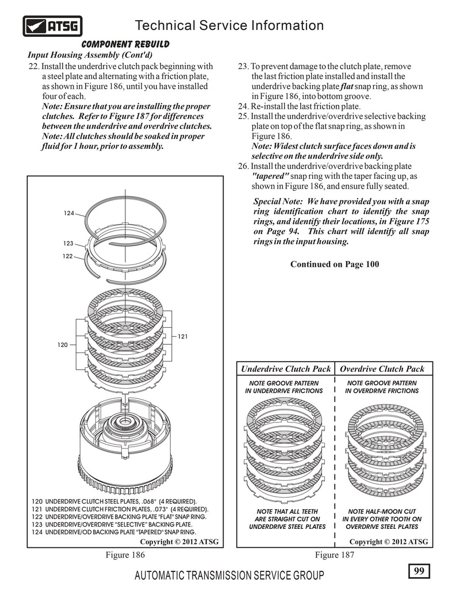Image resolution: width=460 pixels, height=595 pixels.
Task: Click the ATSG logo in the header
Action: [x=53, y=26]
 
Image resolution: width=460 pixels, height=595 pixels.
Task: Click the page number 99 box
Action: [x=418, y=571]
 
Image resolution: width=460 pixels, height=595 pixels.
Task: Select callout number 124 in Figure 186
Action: [x=69, y=213]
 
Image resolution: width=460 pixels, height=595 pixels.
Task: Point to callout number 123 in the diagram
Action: [x=68, y=243]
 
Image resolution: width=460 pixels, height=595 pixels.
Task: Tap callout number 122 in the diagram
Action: [x=68, y=256]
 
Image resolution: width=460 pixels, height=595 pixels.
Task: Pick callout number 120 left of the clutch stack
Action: [x=63, y=344]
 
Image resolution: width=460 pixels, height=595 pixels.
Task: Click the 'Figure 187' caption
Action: [x=335, y=555]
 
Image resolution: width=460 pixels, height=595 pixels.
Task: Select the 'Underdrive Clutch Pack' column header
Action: [x=286, y=369]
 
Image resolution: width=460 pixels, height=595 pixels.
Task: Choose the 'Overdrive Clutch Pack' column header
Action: [x=382, y=369]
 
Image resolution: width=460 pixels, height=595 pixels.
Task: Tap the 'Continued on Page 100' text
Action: [x=335, y=264]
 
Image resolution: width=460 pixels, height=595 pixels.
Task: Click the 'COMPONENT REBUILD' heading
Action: [x=125, y=44]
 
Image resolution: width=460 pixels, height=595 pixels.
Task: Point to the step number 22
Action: [x=33, y=66]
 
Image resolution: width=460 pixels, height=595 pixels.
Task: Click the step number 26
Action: [x=242, y=166]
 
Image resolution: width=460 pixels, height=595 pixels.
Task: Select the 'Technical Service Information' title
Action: [x=229, y=26]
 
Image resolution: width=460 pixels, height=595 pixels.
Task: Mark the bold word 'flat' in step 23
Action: [x=346, y=86]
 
